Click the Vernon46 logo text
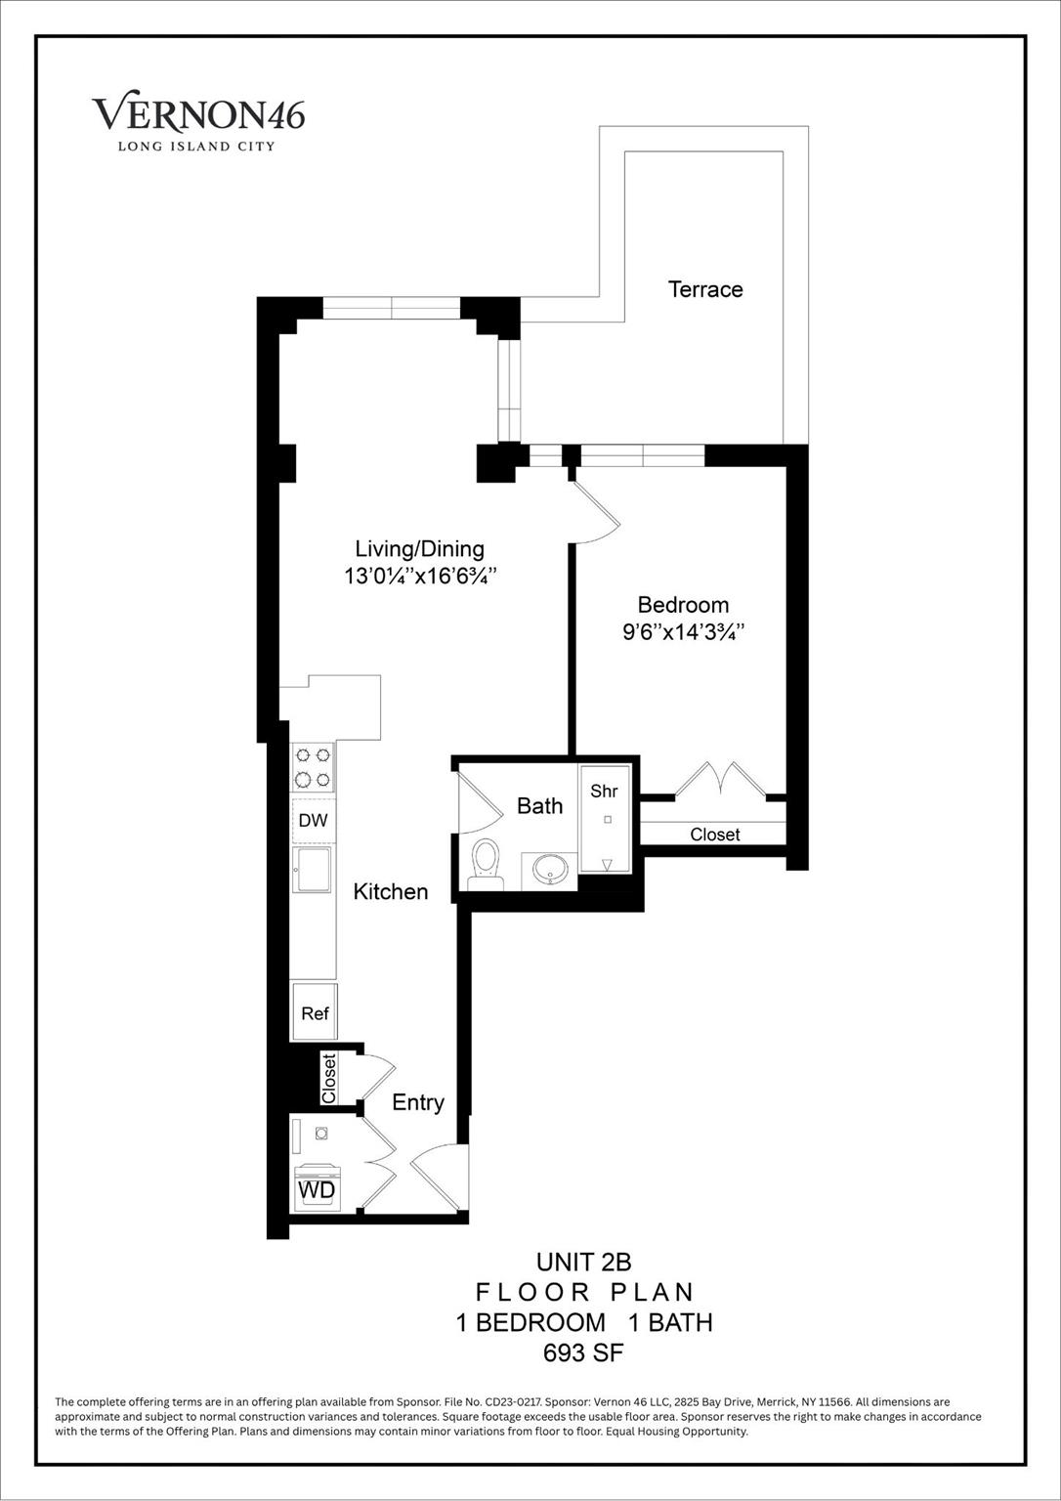(198, 114)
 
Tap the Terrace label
(705, 289)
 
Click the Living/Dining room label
(419, 549)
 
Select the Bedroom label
(683, 605)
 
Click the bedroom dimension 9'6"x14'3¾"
(684, 632)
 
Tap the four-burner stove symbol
(314, 767)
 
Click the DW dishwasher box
(314, 821)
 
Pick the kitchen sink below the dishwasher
(314, 869)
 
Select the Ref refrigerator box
(315, 1013)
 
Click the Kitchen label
(391, 891)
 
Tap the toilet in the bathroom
(486, 864)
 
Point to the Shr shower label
(604, 792)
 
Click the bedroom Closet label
(715, 835)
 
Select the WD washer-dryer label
(317, 1190)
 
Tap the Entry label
(418, 1102)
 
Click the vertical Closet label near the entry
(329, 1078)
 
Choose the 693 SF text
(583, 1353)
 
